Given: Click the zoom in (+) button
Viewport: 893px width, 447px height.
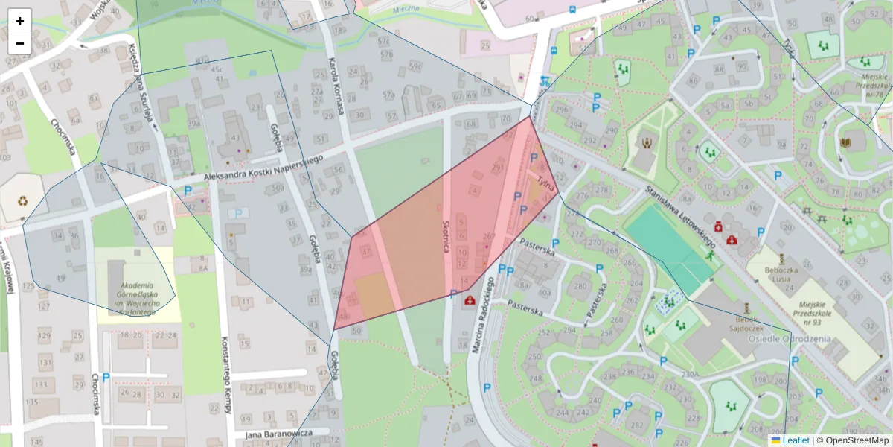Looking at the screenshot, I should (20, 21).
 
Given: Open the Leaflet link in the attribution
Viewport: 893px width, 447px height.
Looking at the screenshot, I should (795, 440).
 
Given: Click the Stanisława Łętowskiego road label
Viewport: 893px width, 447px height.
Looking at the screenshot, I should (680, 217).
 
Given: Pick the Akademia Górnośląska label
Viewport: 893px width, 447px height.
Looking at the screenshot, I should (135, 299).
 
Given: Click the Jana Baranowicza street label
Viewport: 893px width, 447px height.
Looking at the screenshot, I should (276, 434).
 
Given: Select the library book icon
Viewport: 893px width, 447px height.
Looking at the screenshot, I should (846, 142).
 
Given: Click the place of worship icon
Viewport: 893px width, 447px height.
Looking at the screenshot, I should (647, 142).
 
